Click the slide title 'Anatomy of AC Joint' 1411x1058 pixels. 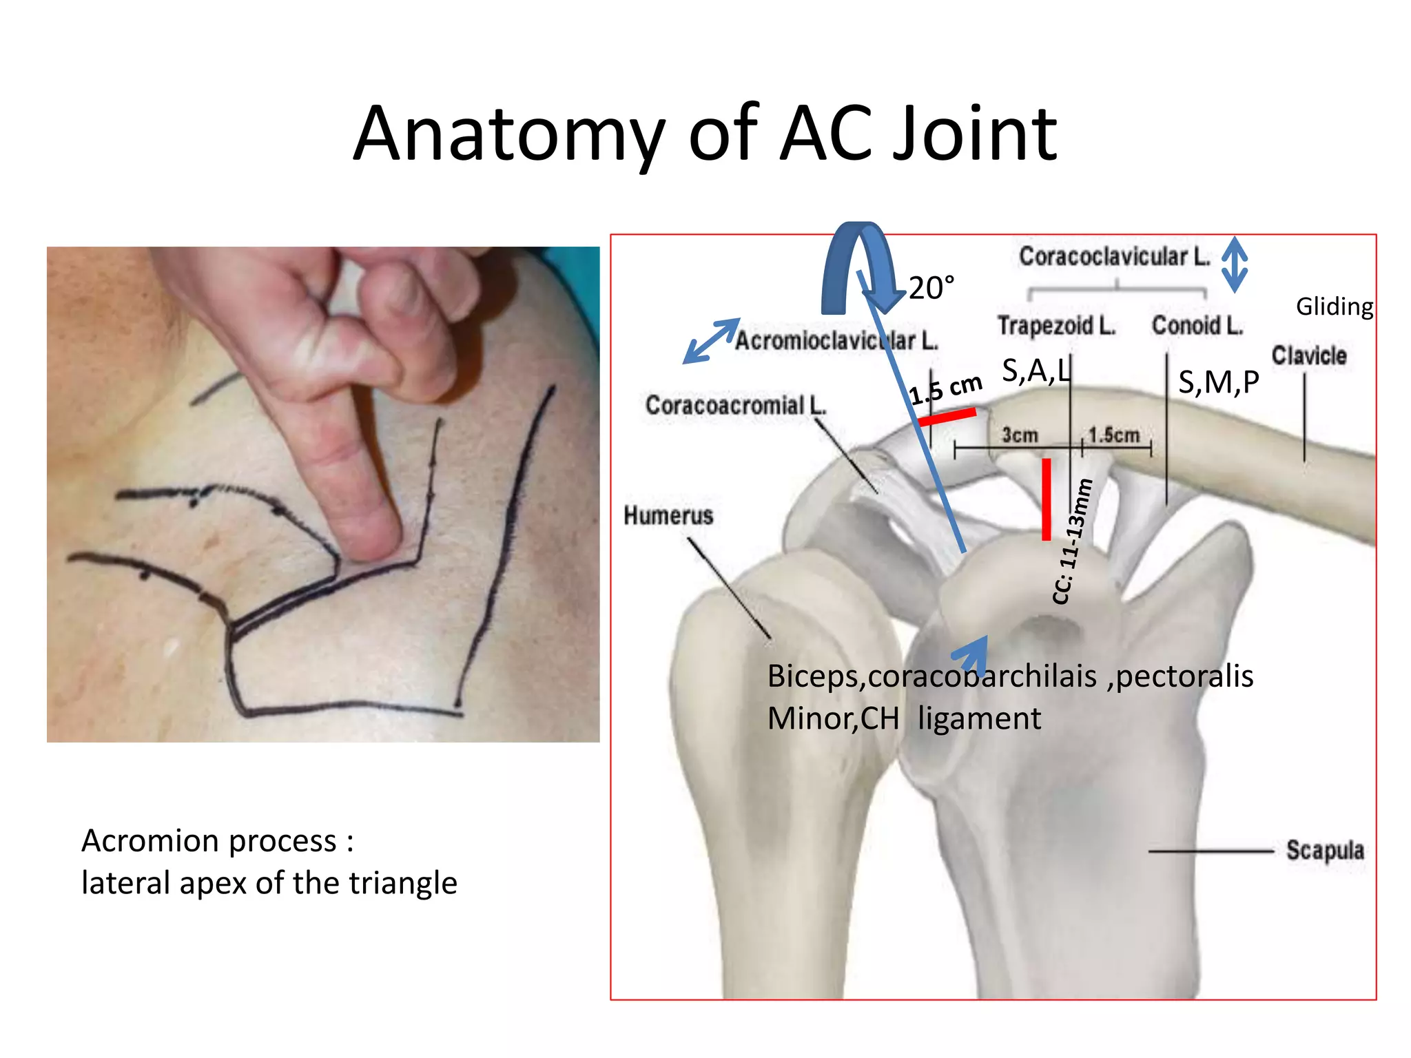click(x=705, y=134)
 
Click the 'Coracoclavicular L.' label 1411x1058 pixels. click(x=1114, y=256)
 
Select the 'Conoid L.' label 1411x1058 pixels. click(x=1197, y=325)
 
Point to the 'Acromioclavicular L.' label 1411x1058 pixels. click(x=836, y=340)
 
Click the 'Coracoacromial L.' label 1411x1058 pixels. click(x=735, y=405)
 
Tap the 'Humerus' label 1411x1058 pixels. click(x=668, y=515)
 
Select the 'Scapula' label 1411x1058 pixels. click(x=1324, y=850)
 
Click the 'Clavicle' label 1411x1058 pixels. click(x=1308, y=355)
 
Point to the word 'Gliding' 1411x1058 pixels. click(x=1334, y=307)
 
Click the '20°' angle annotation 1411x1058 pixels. click(x=931, y=288)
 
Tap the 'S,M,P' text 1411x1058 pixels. click(x=1218, y=382)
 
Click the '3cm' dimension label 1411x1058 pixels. click(x=1020, y=435)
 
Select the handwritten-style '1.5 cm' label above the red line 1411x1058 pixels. click(x=945, y=388)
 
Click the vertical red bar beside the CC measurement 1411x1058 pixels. click(x=1046, y=499)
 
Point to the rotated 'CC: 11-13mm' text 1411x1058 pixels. click(x=1073, y=541)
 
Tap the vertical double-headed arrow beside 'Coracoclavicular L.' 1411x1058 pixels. click(x=1234, y=264)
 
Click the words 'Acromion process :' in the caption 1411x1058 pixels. click(x=218, y=841)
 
